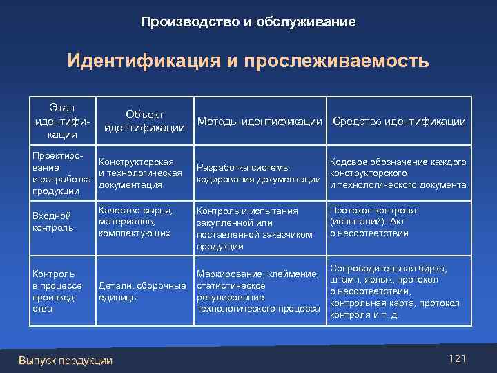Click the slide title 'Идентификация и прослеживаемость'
pos(248,61)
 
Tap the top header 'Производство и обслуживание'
pos(248,22)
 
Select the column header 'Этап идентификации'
pos(62,121)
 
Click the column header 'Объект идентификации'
pos(144,121)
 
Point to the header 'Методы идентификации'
pos(260,122)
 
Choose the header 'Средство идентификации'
pos(399,122)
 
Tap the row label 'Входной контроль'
pos(52,222)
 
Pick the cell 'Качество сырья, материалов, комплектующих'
pos(135,222)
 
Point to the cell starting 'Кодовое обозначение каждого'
pos(398,173)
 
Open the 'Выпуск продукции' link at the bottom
pos(66,361)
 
